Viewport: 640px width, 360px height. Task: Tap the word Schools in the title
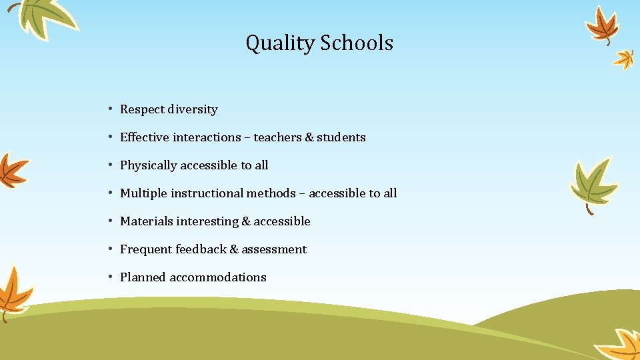(x=357, y=43)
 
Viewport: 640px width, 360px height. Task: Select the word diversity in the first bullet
(x=193, y=109)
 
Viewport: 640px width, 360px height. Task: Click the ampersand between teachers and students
(x=309, y=137)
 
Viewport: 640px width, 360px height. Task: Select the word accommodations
(x=218, y=277)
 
